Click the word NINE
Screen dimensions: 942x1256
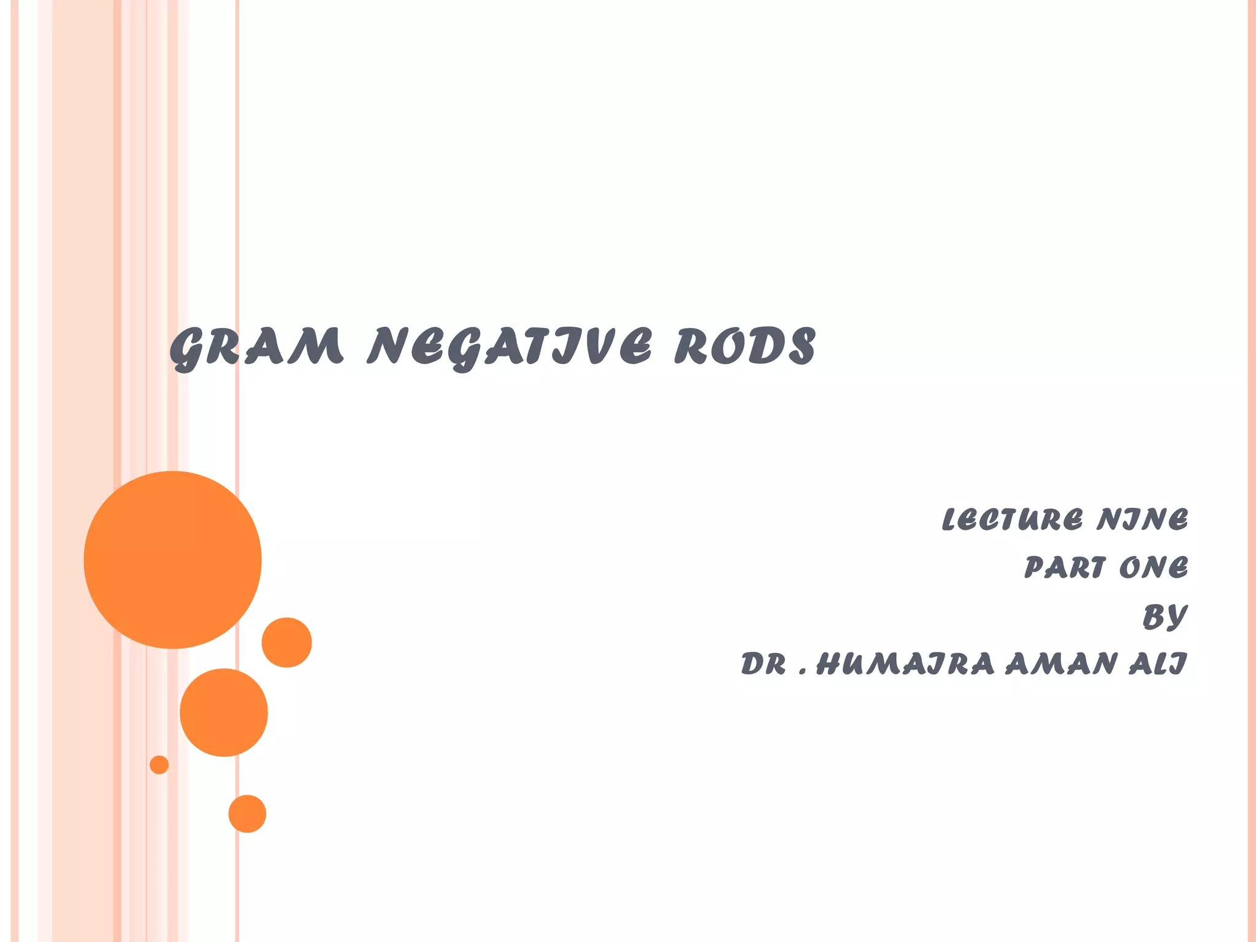pyautogui.click(x=1143, y=519)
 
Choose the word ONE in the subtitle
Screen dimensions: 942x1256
pyautogui.click(x=1154, y=567)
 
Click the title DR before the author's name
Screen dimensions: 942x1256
pyautogui.click(x=764, y=664)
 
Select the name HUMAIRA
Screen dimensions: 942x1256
pyautogui.click(x=905, y=664)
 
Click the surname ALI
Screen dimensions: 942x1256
pyautogui.click(x=1158, y=664)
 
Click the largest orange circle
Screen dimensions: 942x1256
pyautogui.click(x=172, y=560)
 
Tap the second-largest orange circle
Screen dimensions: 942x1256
pyautogui.click(x=224, y=712)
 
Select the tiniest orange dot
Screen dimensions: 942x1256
pyautogui.click(x=159, y=765)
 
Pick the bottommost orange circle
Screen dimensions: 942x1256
pyautogui.click(x=247, y=814)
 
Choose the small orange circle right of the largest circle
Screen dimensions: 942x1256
pyautogui.click(x=287, y=642)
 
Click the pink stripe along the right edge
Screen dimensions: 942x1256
pyautogui.click(x=1251, y=471)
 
